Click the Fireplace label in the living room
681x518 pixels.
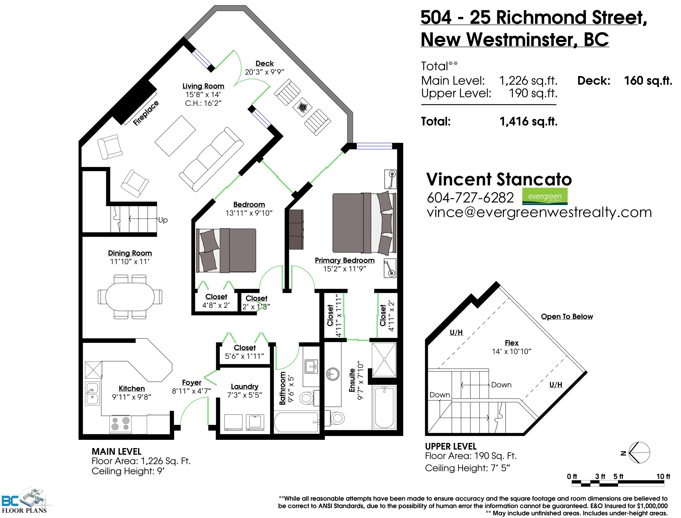pos(146,113)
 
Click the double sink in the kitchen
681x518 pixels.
pos(92,393)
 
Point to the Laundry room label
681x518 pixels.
pos(245,387)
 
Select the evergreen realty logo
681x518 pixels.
pos(545,196)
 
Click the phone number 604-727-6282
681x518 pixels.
pos(470,198)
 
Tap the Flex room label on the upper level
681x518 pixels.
pos(512,343)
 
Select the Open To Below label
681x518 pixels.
pos(567,317)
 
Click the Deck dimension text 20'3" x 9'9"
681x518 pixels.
pos(264,72)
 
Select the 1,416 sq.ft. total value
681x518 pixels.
pos(528,121)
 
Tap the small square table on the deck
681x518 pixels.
pos(302,107)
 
